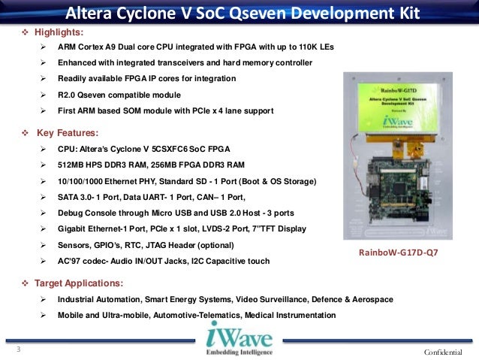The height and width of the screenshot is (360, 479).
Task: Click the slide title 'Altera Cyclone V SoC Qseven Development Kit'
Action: click(239, 14)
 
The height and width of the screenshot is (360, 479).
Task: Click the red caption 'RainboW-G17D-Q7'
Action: click(399, 253)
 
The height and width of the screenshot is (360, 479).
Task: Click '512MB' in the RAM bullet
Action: click(71, 165)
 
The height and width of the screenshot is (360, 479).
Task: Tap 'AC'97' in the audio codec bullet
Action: click(71, 262)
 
